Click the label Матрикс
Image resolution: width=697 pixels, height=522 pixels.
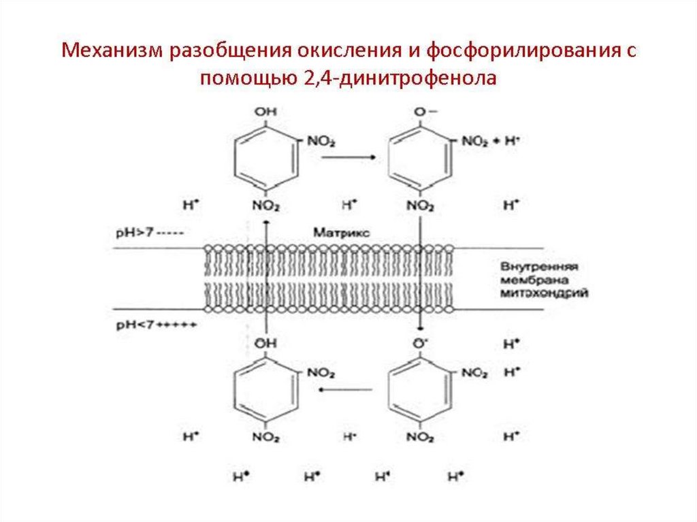(342, 232)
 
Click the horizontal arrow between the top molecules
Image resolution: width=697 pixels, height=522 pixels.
(349, 158)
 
